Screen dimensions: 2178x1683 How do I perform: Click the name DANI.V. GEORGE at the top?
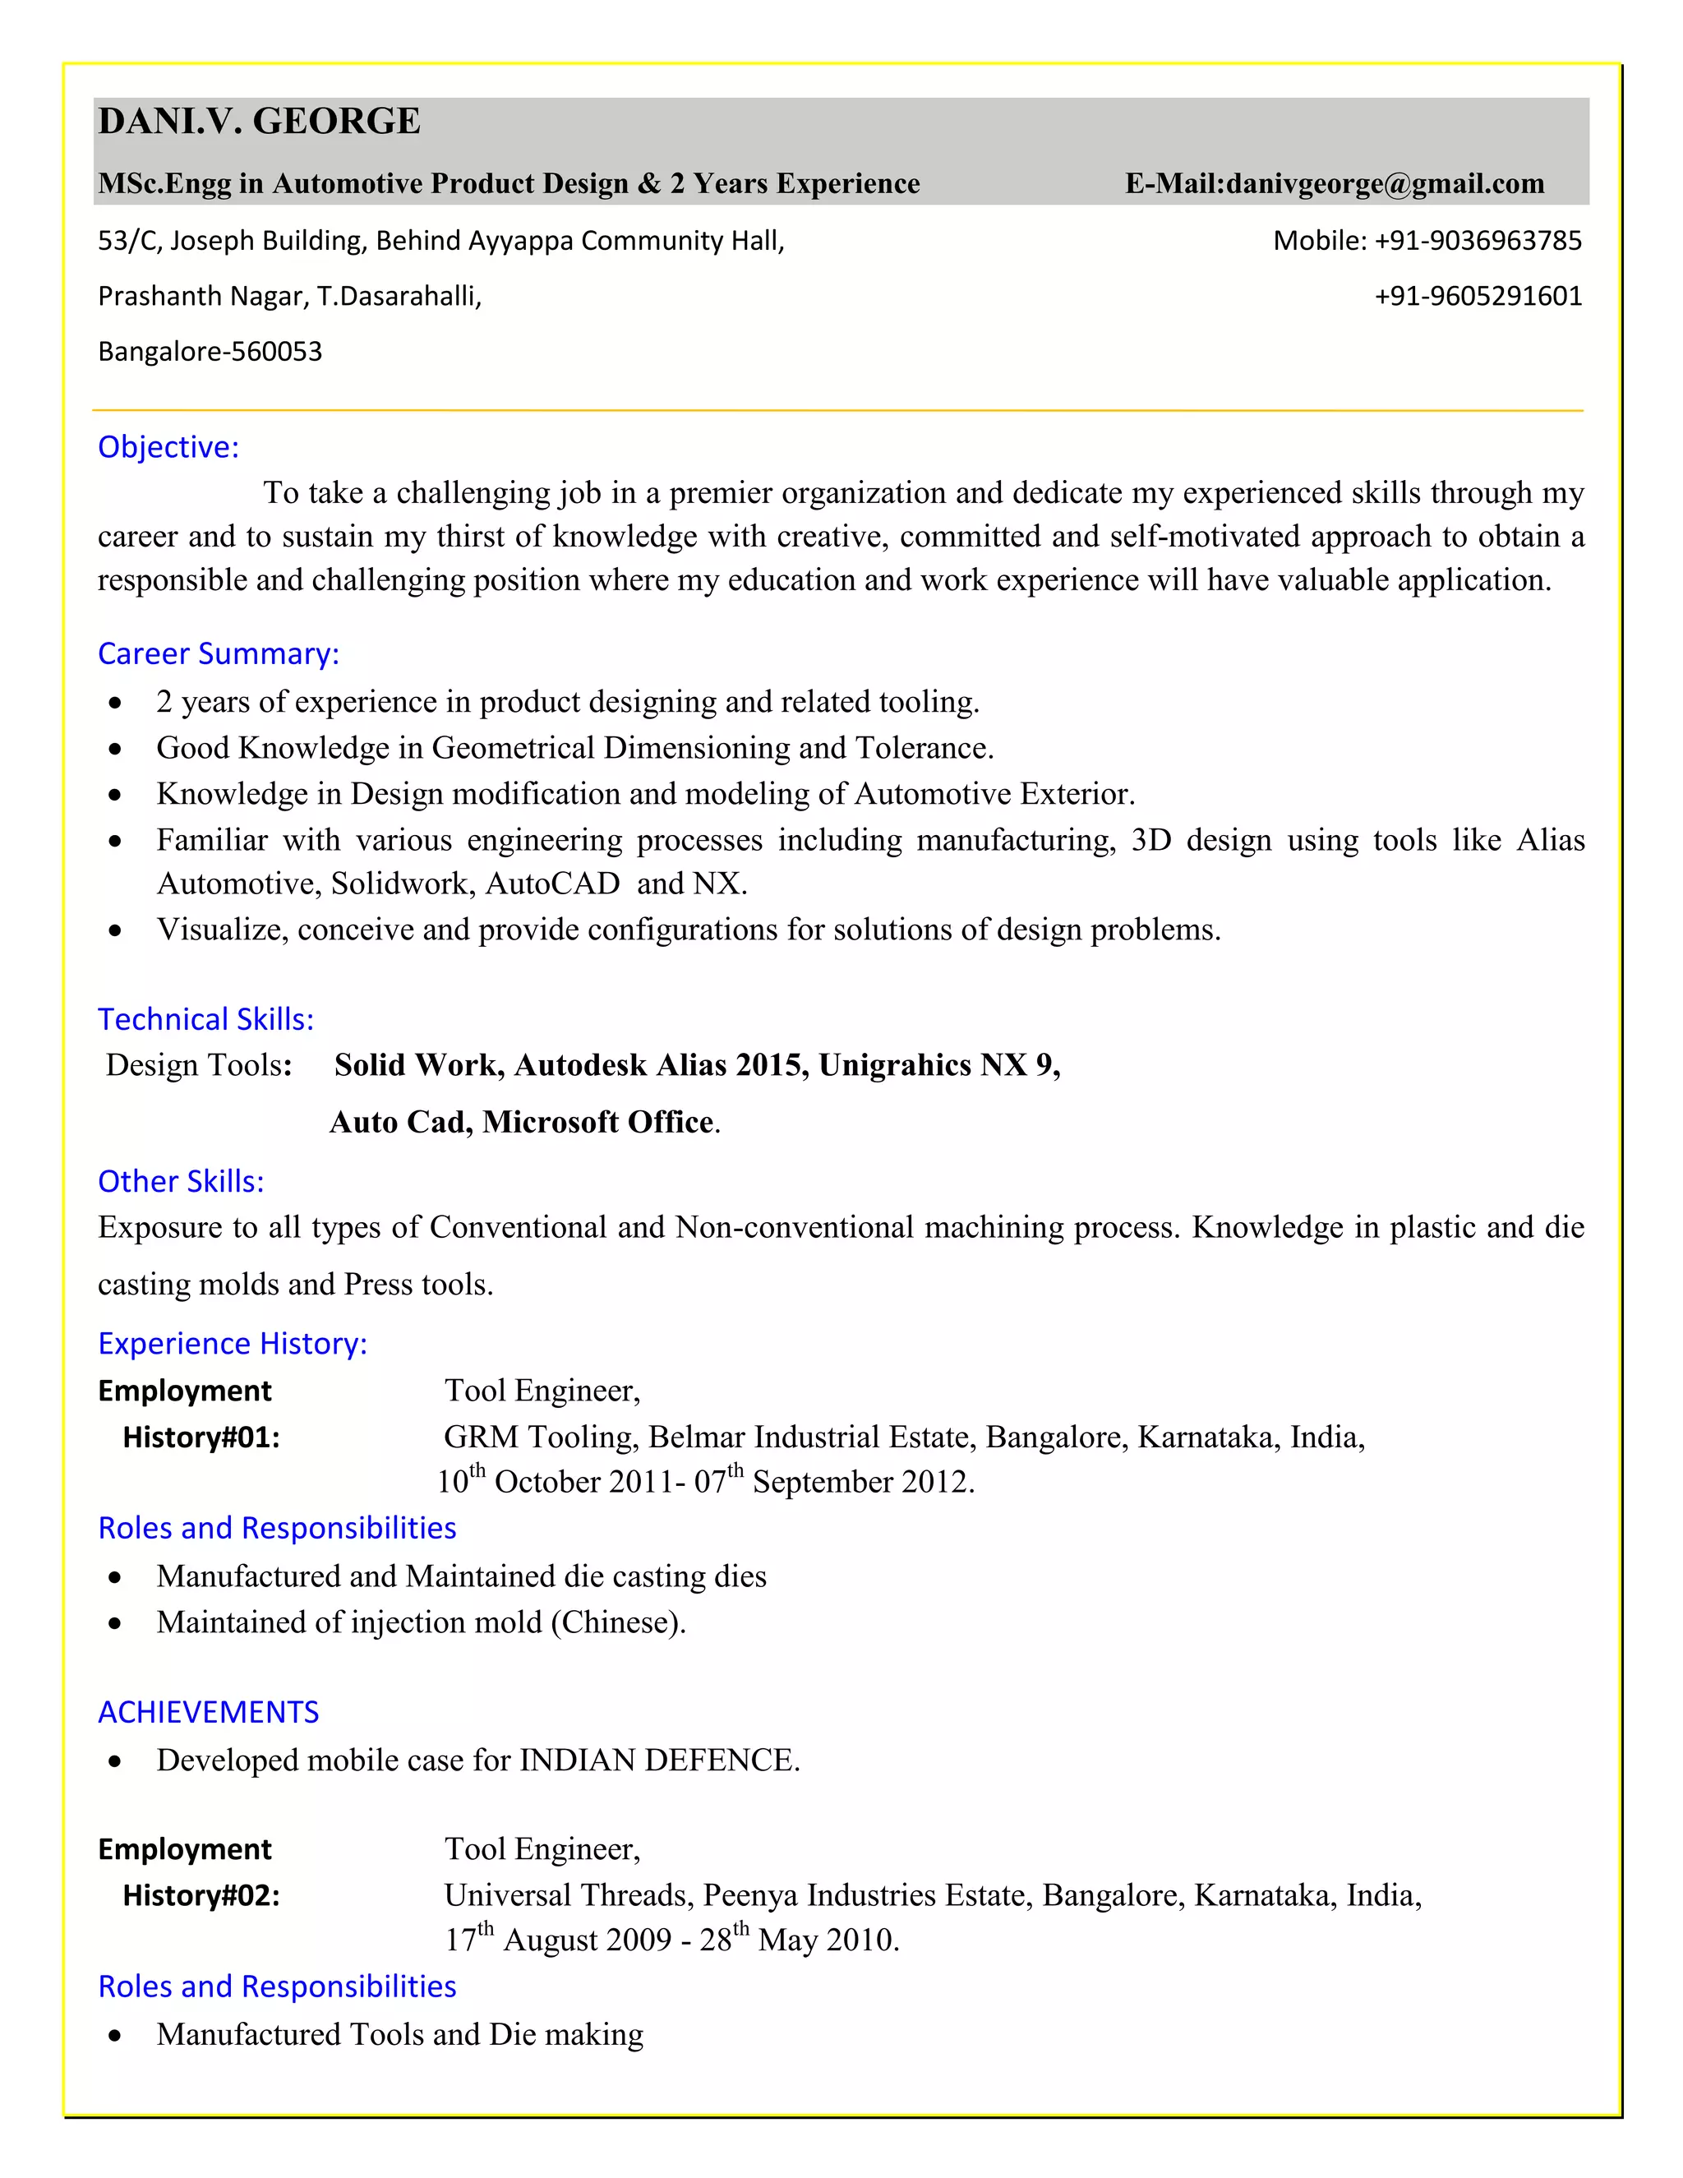(259, 122)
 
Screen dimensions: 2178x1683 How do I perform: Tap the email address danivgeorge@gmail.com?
(1385, 184)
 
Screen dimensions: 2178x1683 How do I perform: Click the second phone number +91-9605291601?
(1478, 296)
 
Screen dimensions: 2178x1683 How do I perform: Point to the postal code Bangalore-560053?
(210, 352)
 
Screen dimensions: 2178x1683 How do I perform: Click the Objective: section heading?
(168, 447)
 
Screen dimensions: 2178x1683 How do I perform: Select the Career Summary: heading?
(219, 653)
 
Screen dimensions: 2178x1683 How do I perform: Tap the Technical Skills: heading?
(205, 1019)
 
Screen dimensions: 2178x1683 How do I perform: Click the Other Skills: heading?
(181, 1182)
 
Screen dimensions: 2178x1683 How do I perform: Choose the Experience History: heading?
(233, 1345)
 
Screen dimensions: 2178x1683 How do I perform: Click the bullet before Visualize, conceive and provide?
(116, 930)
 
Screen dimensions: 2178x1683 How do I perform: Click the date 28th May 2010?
(798, 1940)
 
